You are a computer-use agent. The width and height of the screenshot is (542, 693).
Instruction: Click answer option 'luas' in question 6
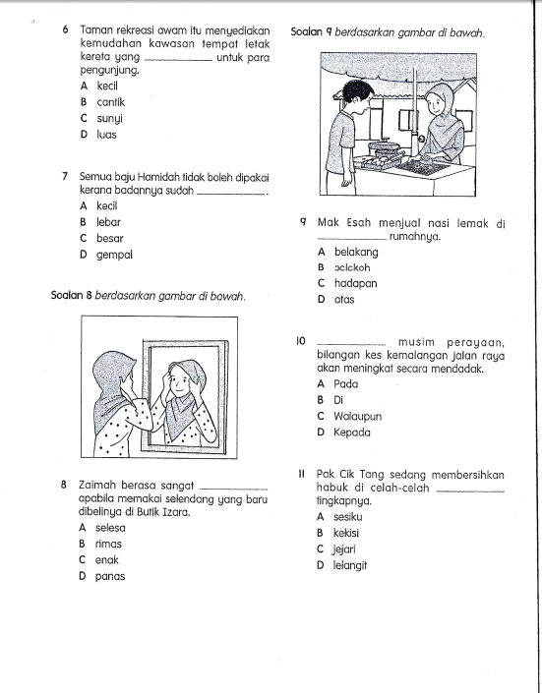pos(106,135)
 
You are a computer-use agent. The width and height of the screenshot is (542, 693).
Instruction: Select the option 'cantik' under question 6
pos(111,102)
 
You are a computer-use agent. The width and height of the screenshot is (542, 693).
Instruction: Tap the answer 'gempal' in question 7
pos(114,255)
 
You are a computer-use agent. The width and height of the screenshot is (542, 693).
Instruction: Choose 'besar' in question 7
pos(110,239)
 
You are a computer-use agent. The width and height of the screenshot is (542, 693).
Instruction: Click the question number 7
pos(65,177)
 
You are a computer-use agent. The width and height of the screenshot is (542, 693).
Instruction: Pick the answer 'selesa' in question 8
pos(110,528)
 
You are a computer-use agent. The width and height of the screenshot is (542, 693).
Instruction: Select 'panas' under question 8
pos(110,576)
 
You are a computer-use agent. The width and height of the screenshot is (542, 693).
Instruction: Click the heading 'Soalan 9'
pos(312,32)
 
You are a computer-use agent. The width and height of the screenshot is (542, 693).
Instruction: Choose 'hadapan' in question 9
pos(356,283)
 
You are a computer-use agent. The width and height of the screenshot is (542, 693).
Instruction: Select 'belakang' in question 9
pos(356,252)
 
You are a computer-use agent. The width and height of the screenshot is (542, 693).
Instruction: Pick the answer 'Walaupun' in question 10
pos(357,417)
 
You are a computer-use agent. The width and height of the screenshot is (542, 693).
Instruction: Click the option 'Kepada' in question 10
pos(352,433)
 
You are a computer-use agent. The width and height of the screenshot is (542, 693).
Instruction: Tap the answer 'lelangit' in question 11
pos(350,566)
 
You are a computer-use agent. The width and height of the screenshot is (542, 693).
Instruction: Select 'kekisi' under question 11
pos(346,533)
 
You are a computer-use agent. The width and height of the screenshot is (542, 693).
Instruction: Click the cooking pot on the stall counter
pos(385,147)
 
